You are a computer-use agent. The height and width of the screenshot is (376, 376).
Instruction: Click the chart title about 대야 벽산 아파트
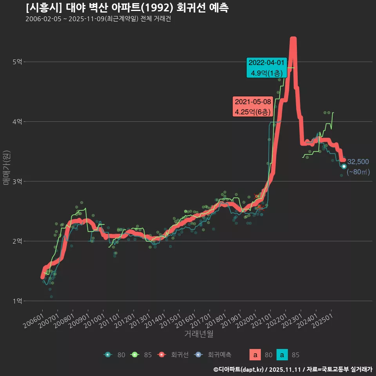point(127,7)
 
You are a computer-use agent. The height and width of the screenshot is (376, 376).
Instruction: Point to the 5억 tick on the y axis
point(18,62)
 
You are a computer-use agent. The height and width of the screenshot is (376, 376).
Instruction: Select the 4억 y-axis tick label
point(18,122)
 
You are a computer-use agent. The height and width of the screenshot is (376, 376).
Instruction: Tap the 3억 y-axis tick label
point(18,181)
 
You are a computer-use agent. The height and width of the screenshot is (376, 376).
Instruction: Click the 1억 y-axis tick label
point(18,301)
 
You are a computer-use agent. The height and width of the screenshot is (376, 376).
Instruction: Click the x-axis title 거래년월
point(199,334)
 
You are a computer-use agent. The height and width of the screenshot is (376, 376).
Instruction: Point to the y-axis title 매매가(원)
point(7,168)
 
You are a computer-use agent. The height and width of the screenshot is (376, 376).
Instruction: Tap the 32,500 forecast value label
point(358,162)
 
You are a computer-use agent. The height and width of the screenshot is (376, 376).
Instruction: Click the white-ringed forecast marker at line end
point(344,166)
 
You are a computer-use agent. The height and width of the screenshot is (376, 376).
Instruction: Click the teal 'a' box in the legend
point(282,355)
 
